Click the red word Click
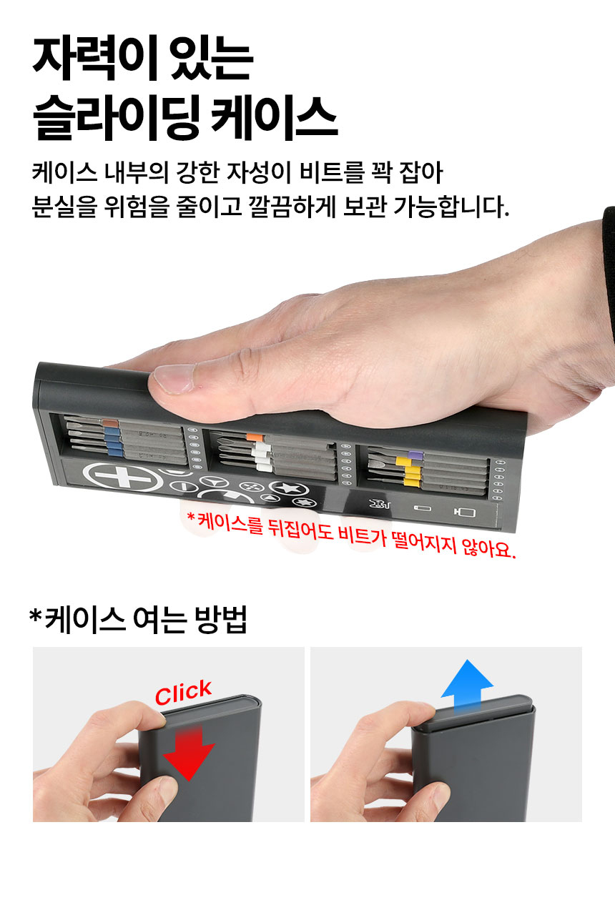coord(183,692)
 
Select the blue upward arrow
coord(467,684)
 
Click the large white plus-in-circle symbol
coord(120,477)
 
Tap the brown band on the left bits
coord(110,422)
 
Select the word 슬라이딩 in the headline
coord(117,118)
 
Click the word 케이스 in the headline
coord(275,117)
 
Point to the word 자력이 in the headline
coord(95,59)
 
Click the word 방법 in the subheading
coord(221,620)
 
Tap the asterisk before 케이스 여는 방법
coord(36,615)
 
